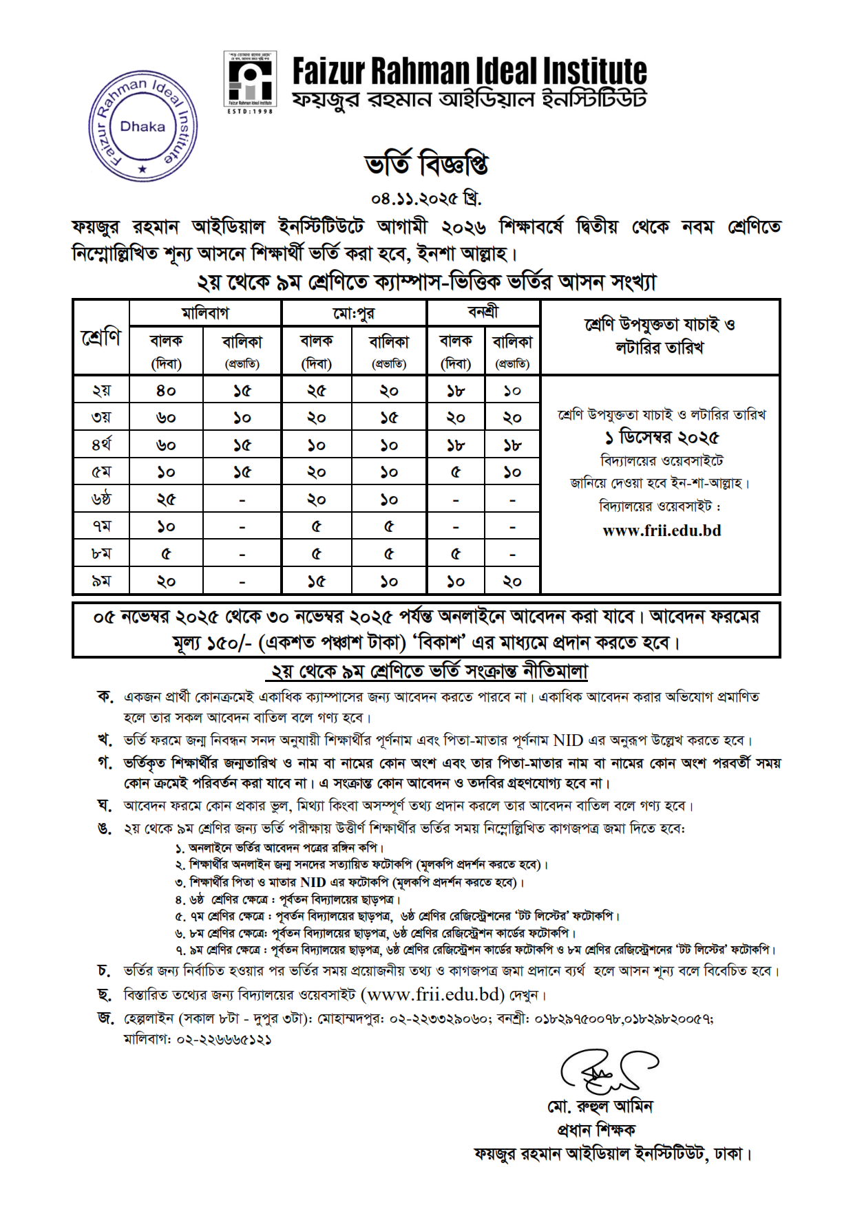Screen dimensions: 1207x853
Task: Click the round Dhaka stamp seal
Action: click(143, 127)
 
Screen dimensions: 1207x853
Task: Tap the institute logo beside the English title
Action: click(249, 81)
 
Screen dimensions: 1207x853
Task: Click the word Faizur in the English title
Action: click(328, 72)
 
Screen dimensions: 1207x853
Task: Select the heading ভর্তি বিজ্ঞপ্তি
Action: click(426, 164)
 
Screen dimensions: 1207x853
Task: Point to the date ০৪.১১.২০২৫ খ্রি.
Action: click(426, 199)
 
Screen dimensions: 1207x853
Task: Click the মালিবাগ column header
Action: click(204, 313)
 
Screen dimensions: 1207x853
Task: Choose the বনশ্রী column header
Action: click(483, 312)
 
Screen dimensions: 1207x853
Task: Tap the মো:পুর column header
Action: click(354, 313)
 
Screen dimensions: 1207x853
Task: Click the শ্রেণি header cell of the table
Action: click(101, 337)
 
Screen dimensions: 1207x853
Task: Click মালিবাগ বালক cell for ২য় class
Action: click(166, 390)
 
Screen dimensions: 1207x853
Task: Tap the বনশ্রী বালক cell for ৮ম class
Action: click(455, 553)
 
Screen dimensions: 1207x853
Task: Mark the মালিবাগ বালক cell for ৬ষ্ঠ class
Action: click(166, 499)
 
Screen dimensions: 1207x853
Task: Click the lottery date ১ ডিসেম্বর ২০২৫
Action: click(661, 438)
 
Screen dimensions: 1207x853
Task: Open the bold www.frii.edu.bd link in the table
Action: click(662, 531)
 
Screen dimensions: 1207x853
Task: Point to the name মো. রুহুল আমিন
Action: click(600, 1107)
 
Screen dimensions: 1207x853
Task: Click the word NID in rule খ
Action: click(568, 740)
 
